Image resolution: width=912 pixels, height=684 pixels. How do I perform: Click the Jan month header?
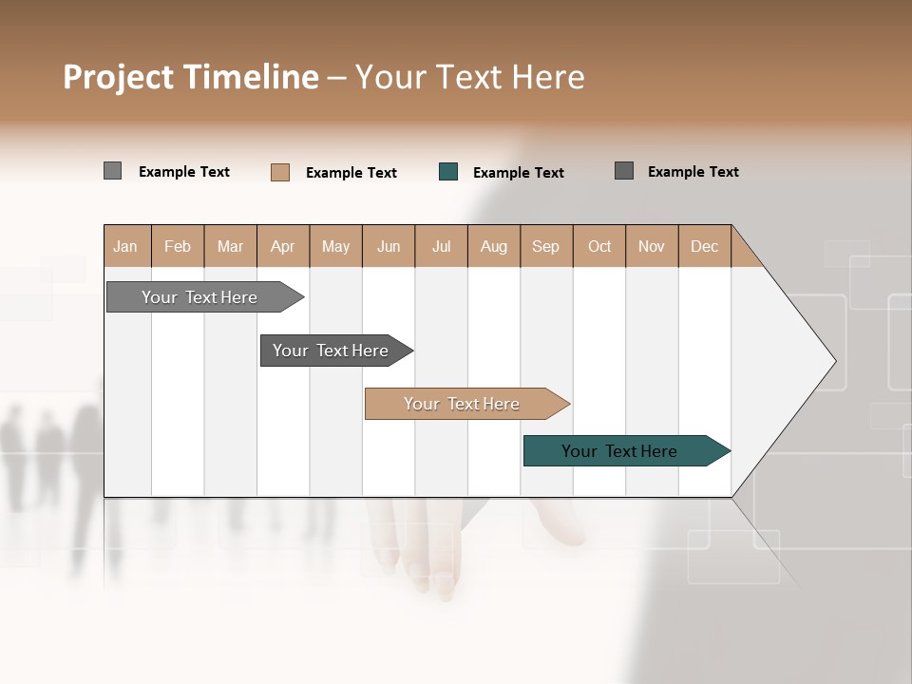coord(125,246)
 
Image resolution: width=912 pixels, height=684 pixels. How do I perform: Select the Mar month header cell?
coord(230,246)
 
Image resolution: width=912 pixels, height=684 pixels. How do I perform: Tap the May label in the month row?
coord(335,246)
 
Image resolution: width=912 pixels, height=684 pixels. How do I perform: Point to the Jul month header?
coord(441,246)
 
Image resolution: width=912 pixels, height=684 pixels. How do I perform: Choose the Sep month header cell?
coord(545,246)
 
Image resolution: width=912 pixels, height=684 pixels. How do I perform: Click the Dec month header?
coord(704,246)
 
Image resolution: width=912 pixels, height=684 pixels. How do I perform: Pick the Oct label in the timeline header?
coord(599,246)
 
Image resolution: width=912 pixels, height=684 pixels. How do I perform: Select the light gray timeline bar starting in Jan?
coord(200,297)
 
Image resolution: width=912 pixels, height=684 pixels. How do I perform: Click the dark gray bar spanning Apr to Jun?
coord(332,351)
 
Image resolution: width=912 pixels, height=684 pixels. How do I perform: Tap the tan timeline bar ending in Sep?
coord(463,404)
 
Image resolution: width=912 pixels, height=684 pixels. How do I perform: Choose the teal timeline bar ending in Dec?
coord(620,451)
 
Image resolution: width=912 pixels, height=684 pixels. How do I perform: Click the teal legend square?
coord(448,172)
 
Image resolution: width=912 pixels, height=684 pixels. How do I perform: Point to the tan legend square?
coord(280,172)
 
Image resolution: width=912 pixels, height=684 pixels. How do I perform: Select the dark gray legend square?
coord(624,171)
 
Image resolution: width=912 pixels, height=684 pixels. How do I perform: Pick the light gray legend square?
coord(113,171)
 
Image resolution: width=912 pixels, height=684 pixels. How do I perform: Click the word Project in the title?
coord(117,77)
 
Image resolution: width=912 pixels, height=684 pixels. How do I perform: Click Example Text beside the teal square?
coord(518,173)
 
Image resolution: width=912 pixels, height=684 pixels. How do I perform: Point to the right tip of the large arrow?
coord(834,361)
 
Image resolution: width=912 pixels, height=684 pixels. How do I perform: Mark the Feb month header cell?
coord(178,246)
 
